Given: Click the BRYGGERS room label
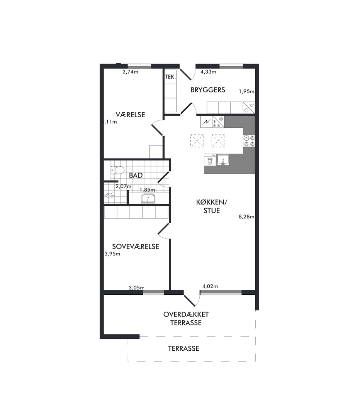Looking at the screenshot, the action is click(208, 90).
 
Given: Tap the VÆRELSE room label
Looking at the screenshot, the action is click(130, 115).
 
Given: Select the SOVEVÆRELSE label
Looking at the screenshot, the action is click(136, 247).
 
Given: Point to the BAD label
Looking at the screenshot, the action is click(136, 175).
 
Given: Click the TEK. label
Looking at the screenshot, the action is click(170, 77).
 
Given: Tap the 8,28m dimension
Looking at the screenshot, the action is click(246, 216).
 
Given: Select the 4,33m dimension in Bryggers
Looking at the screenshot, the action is click(208, 72).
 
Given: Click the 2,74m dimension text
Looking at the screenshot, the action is click(130, 72).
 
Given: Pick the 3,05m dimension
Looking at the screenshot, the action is click(136, 288).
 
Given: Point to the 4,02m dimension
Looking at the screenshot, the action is click(210, 286).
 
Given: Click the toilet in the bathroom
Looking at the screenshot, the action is click(117, 171).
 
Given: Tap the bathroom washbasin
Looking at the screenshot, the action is click(148, 199).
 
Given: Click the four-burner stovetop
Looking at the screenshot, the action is click(249, 141).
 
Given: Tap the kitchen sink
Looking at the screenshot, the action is click(223, 160).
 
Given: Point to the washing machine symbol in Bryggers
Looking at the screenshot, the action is click(249, 108).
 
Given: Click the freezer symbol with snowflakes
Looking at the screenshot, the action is click(218, 122).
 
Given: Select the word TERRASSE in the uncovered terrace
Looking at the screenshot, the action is click(183, 348).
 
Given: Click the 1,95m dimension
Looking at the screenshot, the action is click(246, 91).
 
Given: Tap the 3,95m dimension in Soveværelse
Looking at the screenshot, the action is click(112, 254).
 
